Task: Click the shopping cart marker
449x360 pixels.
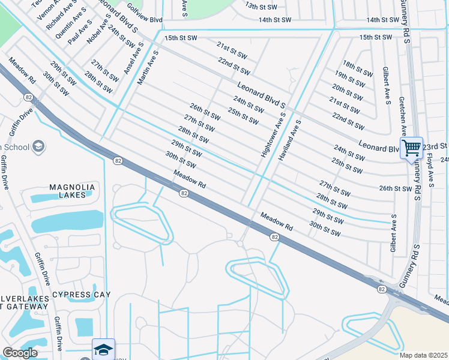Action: coord(411,148)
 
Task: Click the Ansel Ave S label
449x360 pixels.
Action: coord(133,58)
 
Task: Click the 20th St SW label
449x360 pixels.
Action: coord(347,92)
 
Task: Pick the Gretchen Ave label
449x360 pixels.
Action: coord(404,116)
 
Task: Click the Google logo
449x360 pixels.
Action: coord(20,353)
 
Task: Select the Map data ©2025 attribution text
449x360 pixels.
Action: coord(423,355)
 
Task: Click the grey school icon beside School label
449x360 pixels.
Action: coord(39,146)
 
